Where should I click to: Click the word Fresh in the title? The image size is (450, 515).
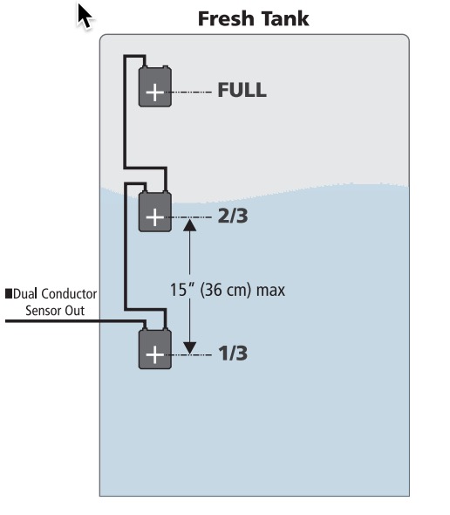point(227,18)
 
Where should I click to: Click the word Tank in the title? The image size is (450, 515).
point(285,18)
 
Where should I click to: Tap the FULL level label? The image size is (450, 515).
point(242,90)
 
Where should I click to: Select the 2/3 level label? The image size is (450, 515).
point(233,216)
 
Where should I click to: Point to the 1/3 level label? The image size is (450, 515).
point(233,354)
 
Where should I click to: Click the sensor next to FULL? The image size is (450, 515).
point(155,86)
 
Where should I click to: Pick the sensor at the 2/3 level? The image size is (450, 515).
point(155,211)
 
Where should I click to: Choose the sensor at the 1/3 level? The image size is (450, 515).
point(155,349)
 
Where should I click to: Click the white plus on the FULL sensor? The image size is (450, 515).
point(155,93)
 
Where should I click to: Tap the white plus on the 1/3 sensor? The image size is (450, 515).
point(155,355)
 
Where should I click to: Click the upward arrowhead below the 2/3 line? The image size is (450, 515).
point(190,225)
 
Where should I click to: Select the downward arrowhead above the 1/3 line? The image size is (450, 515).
point(190,347)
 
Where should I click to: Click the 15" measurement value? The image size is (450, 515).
point(182,290)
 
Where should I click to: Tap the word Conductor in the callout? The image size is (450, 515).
point(69,293)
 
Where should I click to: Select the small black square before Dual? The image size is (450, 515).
point(9,293)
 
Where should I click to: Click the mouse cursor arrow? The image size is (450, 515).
point(85,16)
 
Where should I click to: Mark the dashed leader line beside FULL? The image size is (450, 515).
point(192,93)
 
